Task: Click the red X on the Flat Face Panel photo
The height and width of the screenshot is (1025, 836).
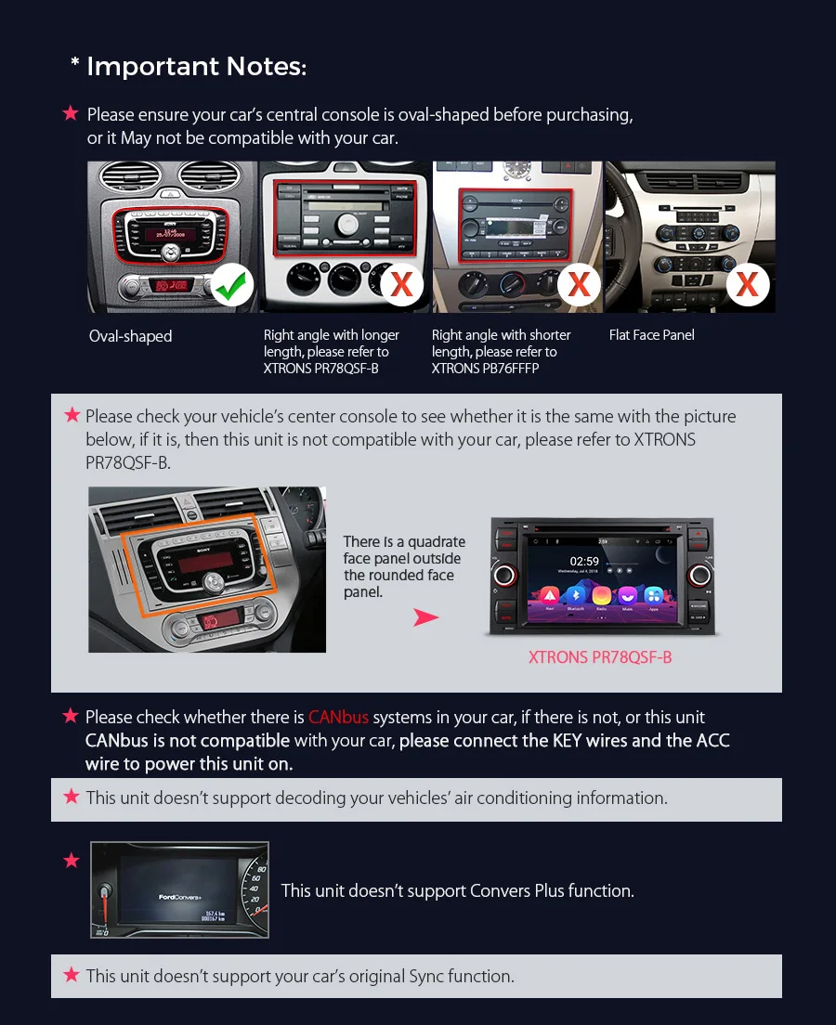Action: point(747,283)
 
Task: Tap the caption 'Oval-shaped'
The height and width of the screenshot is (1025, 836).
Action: point(130,336)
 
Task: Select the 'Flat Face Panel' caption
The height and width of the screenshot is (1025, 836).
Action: point(651,335)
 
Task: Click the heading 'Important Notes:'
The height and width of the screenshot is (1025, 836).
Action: point(196,67)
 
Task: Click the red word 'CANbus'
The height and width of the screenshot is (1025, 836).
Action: point(338,717)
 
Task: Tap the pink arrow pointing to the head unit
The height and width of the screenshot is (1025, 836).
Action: point(425,617)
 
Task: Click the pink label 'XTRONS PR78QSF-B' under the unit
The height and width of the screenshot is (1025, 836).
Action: point(599,657)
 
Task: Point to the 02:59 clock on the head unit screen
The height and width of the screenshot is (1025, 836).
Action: point(584,561)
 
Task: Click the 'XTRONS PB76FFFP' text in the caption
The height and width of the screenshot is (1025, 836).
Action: point(485,369)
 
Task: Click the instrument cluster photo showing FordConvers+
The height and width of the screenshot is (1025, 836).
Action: point(179,889)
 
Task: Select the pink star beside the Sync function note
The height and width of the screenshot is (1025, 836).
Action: point(72,975)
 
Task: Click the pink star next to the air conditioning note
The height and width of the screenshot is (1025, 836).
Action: point(72,797)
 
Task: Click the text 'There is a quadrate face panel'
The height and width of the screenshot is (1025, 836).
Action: point(404,550)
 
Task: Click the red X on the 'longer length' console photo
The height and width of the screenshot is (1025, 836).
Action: point(401,283)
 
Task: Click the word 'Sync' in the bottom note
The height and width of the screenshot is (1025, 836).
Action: point(427,976)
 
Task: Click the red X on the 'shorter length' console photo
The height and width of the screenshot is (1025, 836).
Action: point(578,283)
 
